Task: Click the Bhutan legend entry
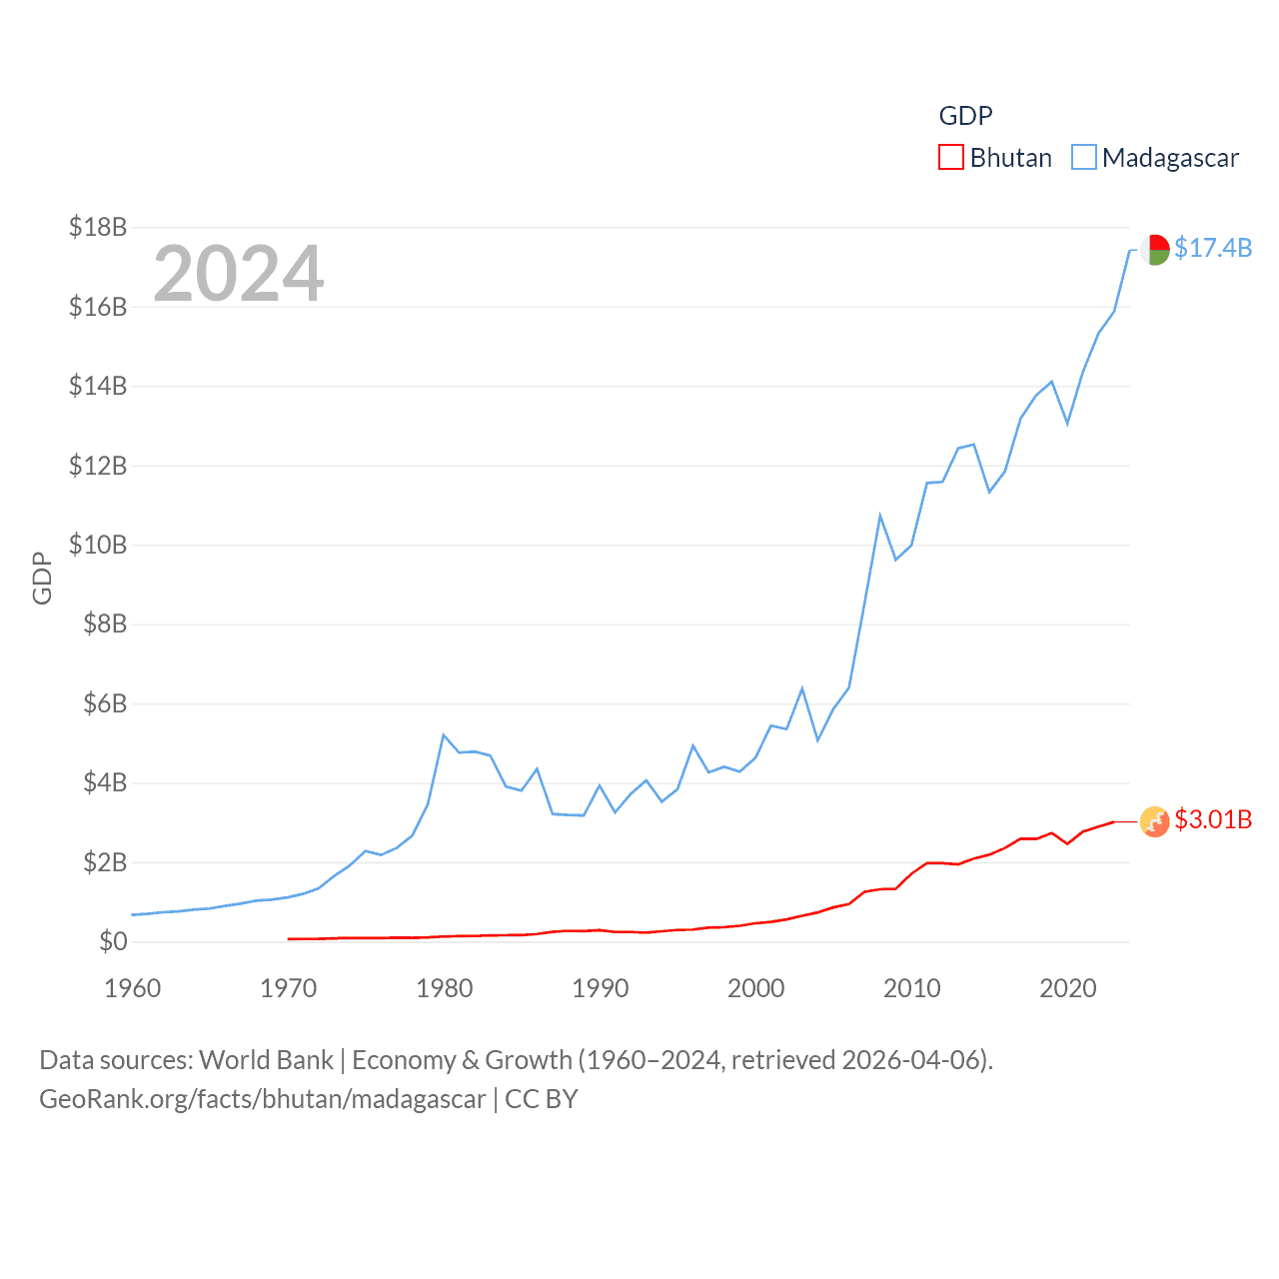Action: [x=995, y=158]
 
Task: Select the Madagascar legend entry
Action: [x=1155, y=158]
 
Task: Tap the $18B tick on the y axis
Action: [x=98, y=227]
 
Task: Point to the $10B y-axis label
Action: [x=98, y=545]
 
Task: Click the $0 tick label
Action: [x=113, y=941]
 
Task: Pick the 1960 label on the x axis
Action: [x=133, y=988]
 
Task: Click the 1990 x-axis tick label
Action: [x=601, y=988]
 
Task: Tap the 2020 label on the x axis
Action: [x=1068, y=988]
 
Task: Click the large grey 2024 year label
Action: [x=239, y=273]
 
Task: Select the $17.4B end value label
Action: [x=1213, y=248]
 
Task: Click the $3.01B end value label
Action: [x=1213, y=819]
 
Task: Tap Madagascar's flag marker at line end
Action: [x=1155, y=249]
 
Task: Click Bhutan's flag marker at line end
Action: [x=1155, y=821]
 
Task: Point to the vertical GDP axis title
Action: [x=42, y=578]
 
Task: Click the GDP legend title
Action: [x=965, y=116]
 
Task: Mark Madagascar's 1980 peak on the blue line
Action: [x=444, y=735]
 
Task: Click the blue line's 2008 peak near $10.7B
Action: [x=880, y=516]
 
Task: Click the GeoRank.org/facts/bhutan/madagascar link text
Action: [x=263, y=1099]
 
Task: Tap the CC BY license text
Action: [x=542, y=1099]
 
